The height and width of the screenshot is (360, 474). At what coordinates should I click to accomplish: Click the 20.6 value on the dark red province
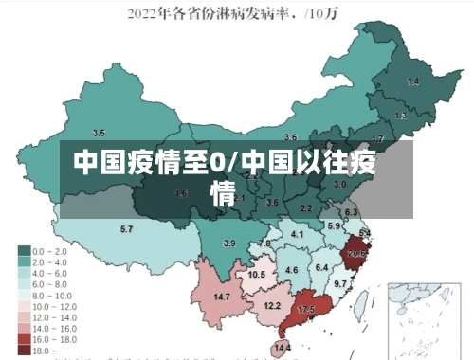pos(356,253)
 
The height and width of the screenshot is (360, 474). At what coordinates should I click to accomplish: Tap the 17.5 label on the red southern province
pos(306,310)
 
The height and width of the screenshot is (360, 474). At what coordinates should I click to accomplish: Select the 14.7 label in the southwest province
pos(222,297)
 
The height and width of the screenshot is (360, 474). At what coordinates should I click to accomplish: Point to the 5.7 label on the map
pos(126,229)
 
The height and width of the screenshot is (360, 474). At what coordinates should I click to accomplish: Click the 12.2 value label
pos(272,305)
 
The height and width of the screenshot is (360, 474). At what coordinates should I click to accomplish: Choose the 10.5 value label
pos(256,275)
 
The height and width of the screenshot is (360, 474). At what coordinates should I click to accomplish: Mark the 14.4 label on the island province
pos(283,348)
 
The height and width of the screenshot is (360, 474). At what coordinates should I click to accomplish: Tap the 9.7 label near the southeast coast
pos(340,283)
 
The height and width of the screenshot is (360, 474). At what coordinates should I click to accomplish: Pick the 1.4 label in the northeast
pos(412,82)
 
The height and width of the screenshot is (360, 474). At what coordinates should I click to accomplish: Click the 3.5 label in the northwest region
pos(99,133)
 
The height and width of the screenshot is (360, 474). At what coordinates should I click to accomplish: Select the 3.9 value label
pos(228,243)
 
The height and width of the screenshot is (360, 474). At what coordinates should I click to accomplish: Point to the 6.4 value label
pos(321,267)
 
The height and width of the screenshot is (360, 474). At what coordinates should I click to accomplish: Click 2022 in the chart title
pos(144,13)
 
